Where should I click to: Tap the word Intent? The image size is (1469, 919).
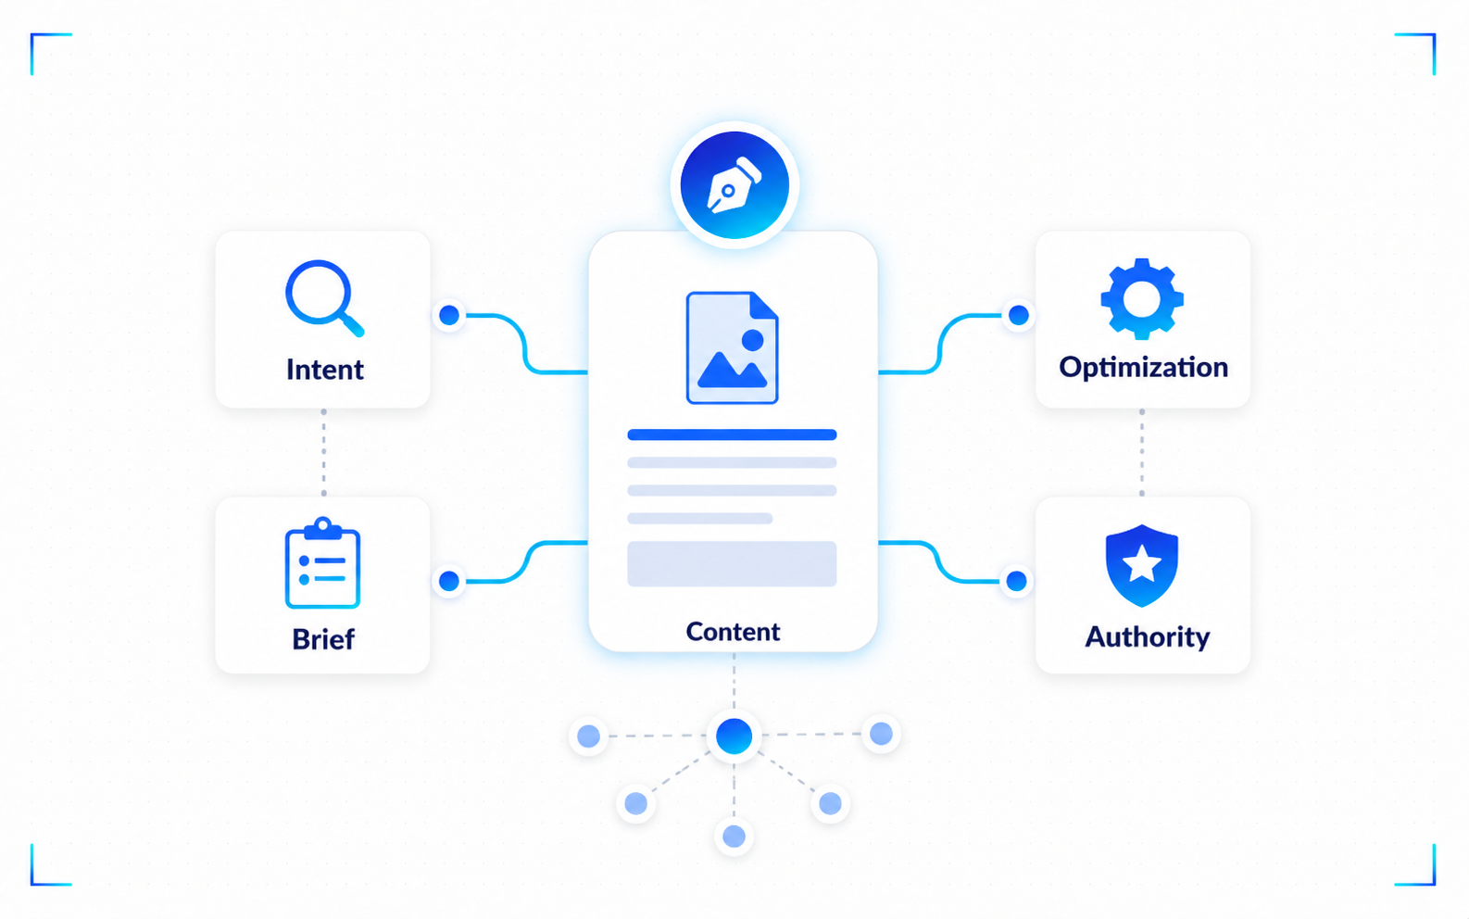coord(324,370)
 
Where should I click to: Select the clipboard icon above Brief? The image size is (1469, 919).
coord(322,563)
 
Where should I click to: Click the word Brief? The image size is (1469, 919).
coord(323,639)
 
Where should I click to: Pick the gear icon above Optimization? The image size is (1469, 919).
coord(1142,299)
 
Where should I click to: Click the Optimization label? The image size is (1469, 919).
coord(1144,368)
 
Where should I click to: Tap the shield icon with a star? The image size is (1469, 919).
coord(1142,565)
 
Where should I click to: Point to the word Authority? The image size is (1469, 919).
coord(1148,637)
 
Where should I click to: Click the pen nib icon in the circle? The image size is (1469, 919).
coord(734,185)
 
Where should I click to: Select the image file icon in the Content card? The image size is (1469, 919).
coord(732,347)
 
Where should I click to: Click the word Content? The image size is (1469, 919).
coord(734,632)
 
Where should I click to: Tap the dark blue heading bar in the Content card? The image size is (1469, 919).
coord(732,434)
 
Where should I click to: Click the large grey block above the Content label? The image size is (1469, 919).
coord(732,563)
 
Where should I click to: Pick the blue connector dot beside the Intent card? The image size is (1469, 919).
coord(449,316)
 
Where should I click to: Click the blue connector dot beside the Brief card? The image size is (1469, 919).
coord(449,581)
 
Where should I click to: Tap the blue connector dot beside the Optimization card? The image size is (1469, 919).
coord(1019,316)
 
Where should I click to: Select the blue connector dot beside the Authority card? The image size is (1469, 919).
coord(1016,581)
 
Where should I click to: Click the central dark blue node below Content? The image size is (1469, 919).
coord(734,736)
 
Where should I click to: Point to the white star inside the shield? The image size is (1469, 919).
coord(1142,563)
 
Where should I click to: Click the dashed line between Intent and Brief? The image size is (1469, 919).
coord(323,452)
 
